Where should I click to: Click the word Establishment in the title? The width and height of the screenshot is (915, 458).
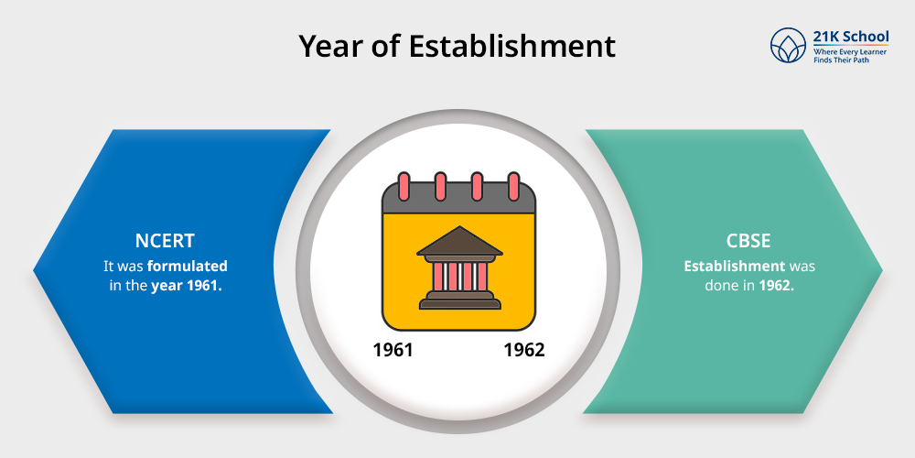click(x=512, y=46)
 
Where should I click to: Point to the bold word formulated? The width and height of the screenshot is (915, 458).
click(x=190, y=267)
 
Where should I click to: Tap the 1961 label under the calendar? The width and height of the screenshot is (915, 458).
click(x=393, y=350)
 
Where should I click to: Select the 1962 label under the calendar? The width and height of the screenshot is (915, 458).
click(x=523, y=350)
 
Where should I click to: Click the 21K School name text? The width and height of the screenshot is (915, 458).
click(x=850, y=37)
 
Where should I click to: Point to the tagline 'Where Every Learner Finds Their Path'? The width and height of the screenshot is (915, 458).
click(x=850, y=56)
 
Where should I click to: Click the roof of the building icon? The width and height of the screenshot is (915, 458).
click(x=459, y=240)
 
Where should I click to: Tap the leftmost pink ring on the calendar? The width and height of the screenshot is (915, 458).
click(x=403, y=186)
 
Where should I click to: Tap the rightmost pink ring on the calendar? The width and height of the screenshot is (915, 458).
click(x=513, y=186)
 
